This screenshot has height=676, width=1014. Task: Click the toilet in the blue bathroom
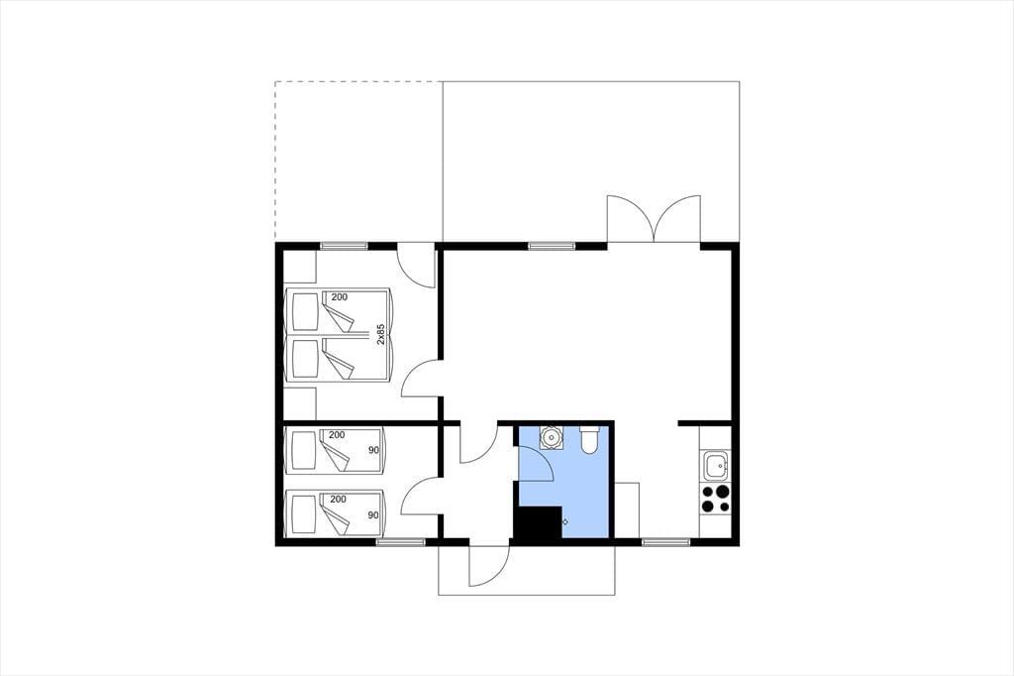click(590, 440)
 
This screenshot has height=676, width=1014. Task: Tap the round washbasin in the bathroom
click(552, 437)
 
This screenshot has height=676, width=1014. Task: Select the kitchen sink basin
click(716, 465)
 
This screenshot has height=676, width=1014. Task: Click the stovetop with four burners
click(716, 499)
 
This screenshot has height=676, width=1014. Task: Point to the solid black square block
click(537, 522)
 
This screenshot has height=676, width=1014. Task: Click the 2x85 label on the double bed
click(381, 333)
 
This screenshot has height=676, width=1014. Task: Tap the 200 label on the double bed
click(339, 297)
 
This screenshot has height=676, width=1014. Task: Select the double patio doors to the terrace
click(654, 219)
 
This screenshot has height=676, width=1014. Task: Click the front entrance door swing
click(489, 564)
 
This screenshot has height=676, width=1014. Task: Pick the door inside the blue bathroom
click(536, 463)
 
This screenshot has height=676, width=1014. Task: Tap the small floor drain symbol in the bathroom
click(565, 521)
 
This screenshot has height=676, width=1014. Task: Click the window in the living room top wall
click(551, 246)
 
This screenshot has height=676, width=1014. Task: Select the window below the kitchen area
click(666, 542)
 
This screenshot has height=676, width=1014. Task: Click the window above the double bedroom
click(344, 246)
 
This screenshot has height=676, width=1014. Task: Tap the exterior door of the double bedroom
click(415, 266)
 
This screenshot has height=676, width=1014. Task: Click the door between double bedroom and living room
click(420, 379)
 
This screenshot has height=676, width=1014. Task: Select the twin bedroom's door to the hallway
click(420, 496)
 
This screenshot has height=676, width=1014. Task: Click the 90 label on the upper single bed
click(373, 450)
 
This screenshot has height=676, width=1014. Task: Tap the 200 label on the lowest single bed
click(338, 500)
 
